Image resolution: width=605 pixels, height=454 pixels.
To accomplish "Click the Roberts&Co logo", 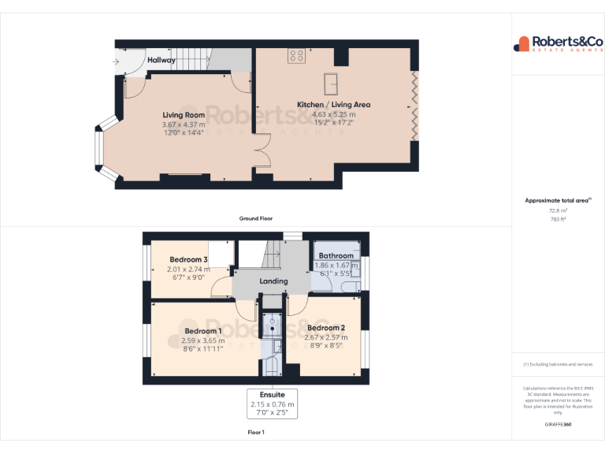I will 558,44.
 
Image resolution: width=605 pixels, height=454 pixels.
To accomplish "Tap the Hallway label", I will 161,60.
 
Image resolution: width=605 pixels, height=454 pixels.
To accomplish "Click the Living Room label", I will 184,115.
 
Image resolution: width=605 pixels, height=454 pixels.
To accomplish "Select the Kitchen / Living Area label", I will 333,104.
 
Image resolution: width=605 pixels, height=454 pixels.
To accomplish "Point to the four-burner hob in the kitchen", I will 297,56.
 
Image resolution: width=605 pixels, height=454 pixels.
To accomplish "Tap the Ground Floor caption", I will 256,218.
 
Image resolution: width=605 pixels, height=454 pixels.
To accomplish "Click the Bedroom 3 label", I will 188,260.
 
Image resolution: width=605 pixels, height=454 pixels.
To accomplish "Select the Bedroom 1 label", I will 203,331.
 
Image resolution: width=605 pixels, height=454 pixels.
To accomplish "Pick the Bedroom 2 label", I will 326,328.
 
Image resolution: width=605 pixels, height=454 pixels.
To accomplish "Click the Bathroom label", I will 336,256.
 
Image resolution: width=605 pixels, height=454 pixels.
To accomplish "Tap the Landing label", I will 273,281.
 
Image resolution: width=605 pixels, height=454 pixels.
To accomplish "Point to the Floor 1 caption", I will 256,433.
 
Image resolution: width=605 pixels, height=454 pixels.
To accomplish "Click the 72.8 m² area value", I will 558,210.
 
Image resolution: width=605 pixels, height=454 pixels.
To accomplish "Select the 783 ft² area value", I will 558,219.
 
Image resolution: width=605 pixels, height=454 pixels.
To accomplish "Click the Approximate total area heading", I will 557,201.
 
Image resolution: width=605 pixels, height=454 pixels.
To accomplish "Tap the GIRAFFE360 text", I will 558,424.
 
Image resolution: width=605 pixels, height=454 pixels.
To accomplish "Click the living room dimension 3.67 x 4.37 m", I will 184,125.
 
